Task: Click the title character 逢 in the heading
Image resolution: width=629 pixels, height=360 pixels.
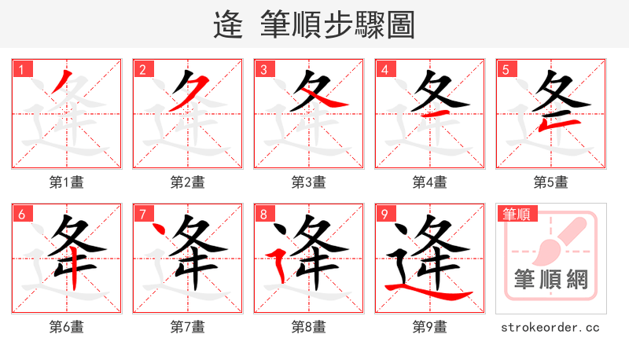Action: click(x=228, y=25)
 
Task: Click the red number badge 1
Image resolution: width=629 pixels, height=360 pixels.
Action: click(x=20, y=70)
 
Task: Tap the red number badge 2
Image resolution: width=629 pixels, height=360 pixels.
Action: click(x=142, y=70)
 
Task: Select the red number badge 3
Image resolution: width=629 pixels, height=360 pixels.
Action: click(x=263, y=70)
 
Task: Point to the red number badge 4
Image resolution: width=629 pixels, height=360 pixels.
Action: click(x=384, y=70)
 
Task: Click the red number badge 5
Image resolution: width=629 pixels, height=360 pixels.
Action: click(x=505, y=70)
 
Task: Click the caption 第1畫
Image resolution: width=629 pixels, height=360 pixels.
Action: click(x=67, y=182)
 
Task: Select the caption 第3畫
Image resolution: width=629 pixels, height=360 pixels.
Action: click(x=309, y=182)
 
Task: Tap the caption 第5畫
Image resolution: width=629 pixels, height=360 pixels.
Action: click(x=551, y=182)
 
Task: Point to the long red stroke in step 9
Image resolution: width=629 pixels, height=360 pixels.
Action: click(x=432, y=294)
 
